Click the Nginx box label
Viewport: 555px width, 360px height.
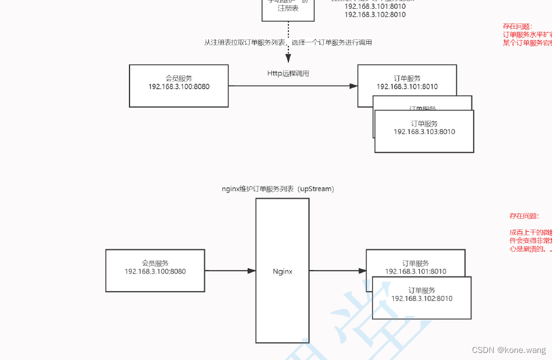pos(283,272)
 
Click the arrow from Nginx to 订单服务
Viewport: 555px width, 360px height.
pos(337,271)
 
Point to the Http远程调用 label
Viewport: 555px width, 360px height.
pos(288,74)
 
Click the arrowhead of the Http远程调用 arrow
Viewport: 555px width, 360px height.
pos(353,86)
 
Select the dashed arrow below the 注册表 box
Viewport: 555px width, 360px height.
pos(288,41)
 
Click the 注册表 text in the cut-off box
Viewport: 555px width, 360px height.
pos(288,8)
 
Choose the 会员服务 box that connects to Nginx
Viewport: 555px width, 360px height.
pos(155,270)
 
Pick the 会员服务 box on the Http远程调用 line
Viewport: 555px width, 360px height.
pos(179,86)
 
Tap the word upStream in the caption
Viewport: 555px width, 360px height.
pos(315,189)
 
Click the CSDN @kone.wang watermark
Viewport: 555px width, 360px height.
pos(509,350)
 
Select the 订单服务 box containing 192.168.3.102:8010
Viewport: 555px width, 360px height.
pos(421,298)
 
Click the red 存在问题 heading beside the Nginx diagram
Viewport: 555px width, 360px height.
pos(523,216)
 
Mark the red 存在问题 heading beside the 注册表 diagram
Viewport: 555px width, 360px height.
pos(517,26)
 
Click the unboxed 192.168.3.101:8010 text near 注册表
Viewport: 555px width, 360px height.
pos(374,6)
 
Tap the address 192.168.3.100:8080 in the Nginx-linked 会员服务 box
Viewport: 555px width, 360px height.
pos(155,271)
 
